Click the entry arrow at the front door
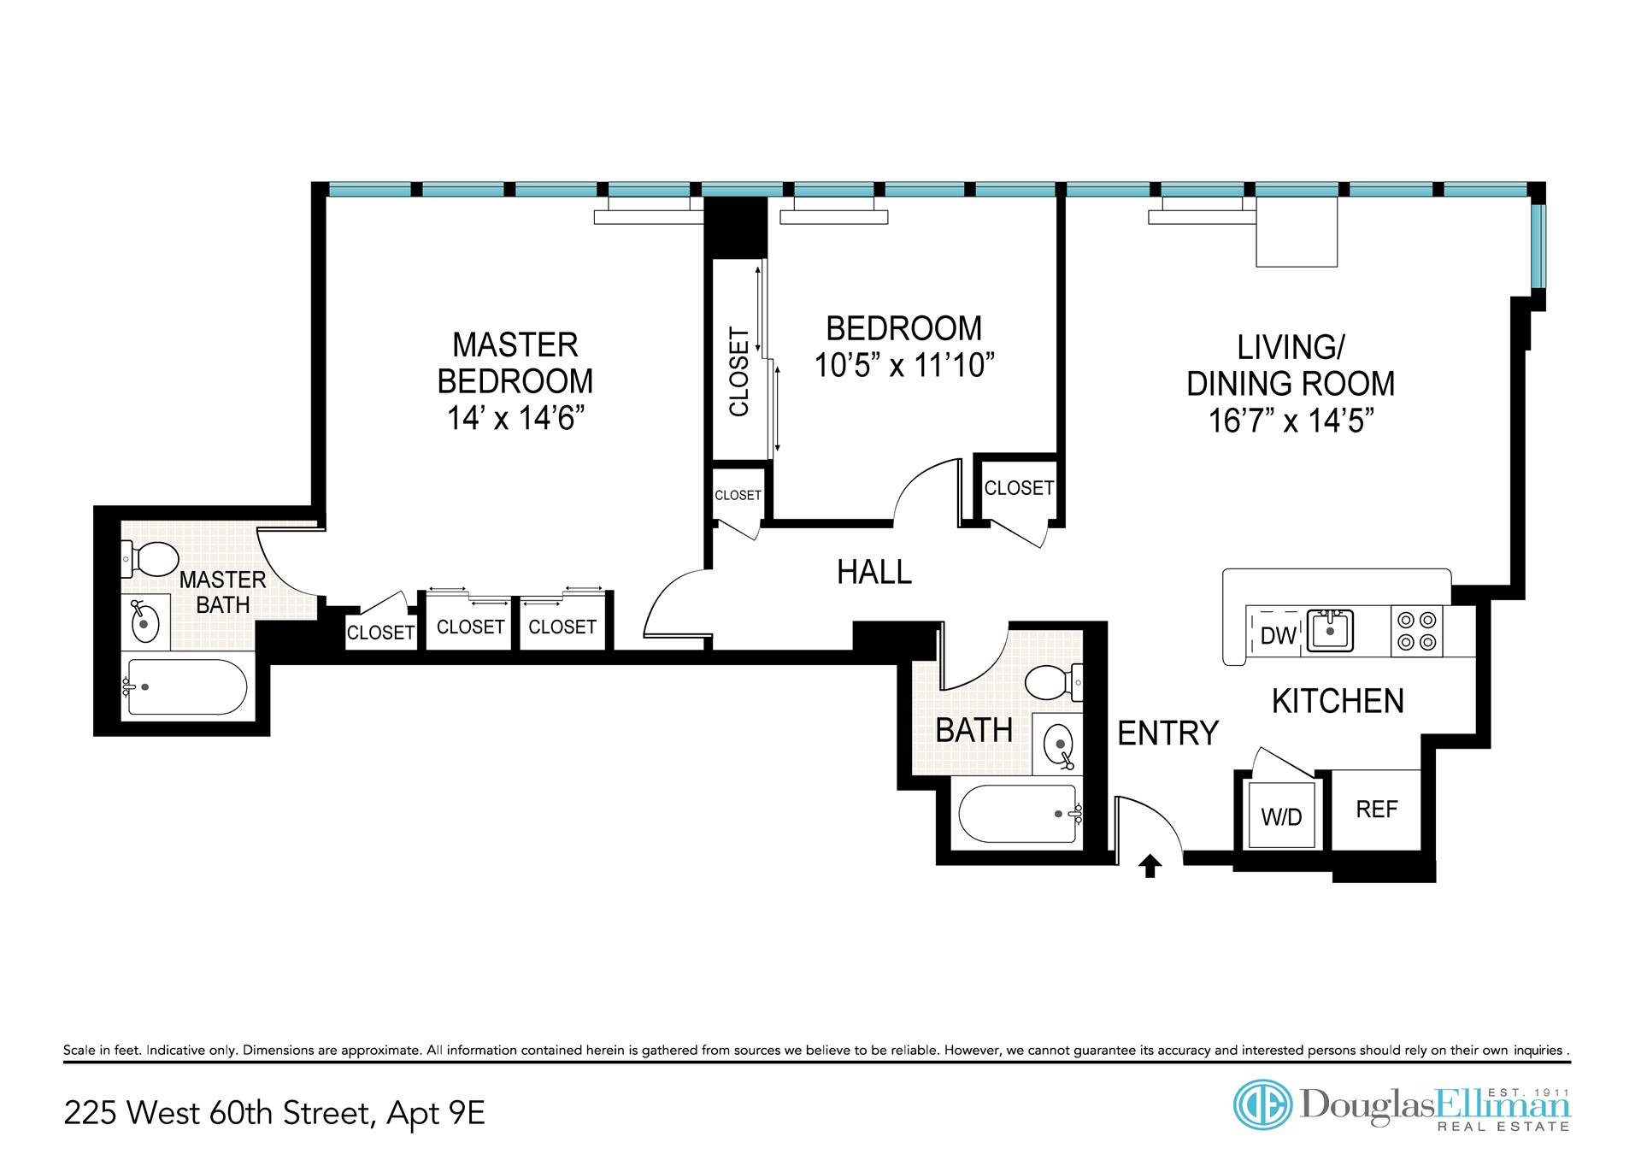coord(1150,866)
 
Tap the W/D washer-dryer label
coord(1281,817)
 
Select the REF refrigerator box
coord(1377,809)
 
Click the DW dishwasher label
coord(1279,635)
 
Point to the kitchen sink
coord(1328,632)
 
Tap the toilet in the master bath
coord(147,559)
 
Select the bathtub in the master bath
coord(187,686)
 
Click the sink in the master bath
coord(146,621)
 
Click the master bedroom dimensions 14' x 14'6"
coord(515,419)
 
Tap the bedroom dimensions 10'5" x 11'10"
coord(904,366)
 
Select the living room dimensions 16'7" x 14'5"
coord(1291,421)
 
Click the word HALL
coord(874,572)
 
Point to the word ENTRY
coord(1168,733)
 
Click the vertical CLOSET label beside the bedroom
coord(739,372)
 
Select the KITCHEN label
coord(1338,701)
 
